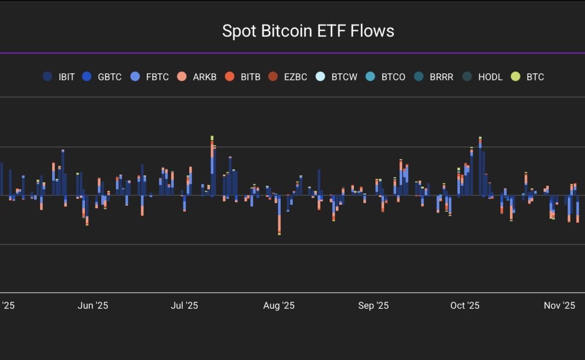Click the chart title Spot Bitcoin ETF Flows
point(308,31)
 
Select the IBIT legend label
point(66,77)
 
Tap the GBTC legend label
point(110,77)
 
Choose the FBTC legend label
point(157,77)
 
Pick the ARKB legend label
point(204,77)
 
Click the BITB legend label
point(251,77)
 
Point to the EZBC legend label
point(295,77)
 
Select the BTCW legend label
point(344,77)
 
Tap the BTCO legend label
point(393,77)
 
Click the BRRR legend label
point(442,77)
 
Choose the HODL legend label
point(490,77)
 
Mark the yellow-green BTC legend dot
point(515,77)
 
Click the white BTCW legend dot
point(320,77)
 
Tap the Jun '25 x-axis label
point(93,305)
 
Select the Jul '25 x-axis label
point(184,305)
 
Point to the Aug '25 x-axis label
point(279,305)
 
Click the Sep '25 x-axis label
point(373,305)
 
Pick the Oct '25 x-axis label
point(465,305)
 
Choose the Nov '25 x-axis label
point(559,305)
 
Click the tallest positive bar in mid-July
point(212,166)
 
